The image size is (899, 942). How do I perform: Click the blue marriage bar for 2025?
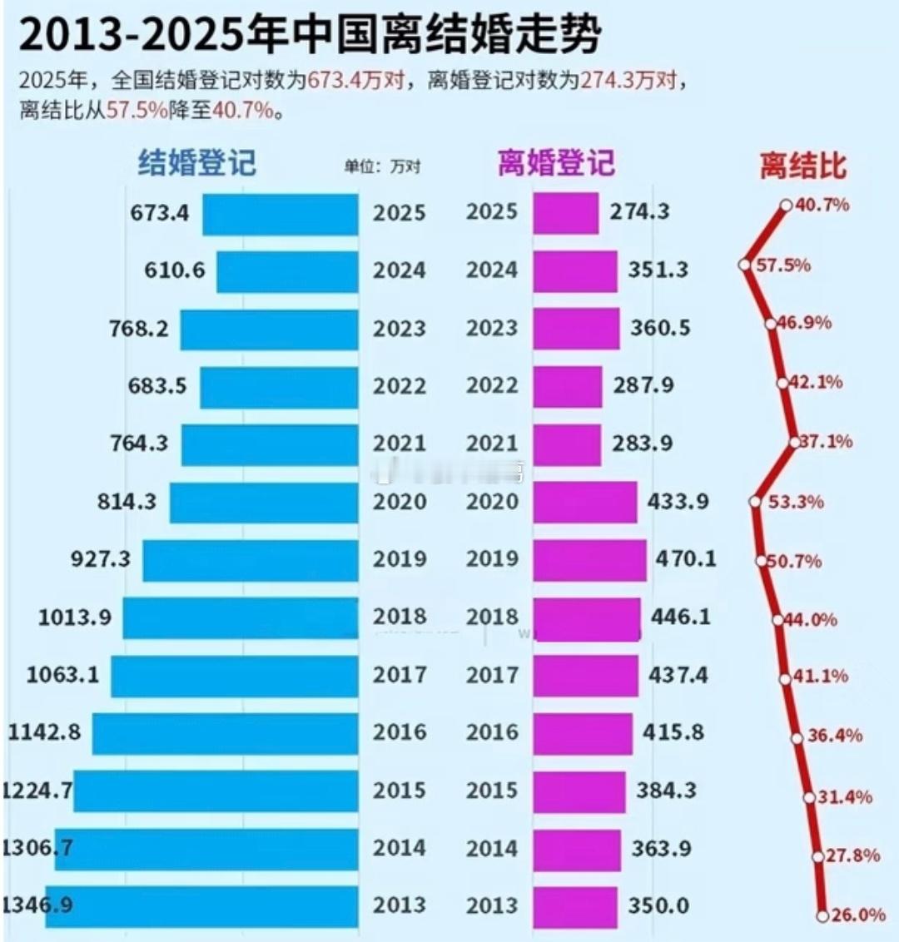pos(281,214)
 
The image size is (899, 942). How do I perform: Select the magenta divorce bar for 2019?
pos(589,560)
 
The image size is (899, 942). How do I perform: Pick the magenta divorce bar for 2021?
pos(567,444)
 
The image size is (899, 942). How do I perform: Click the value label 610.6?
pos(174,270)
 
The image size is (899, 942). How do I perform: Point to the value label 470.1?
pos(685,558)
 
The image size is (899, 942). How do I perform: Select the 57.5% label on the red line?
pos(782,265)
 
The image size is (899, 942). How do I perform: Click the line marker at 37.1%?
pos(794,442)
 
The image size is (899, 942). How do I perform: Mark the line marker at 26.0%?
pos(822,916)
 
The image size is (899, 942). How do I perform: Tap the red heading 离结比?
pos(802,166)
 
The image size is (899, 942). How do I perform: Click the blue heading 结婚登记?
pos(196,162)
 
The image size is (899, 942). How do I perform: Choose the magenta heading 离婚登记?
pos(556,162)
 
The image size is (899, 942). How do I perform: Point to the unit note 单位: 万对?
pos(382,166)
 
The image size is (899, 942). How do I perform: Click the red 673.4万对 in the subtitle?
pos(356,81)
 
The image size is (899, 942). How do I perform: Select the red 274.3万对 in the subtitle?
pos(633,81)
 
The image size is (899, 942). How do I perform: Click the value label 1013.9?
pos(74,617)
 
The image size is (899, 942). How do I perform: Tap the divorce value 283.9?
pos(643,444)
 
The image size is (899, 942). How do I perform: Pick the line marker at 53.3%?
pos(755,502)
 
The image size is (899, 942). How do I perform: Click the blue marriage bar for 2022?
pos(279,387)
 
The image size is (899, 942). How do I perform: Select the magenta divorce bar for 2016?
pos(583,733)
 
